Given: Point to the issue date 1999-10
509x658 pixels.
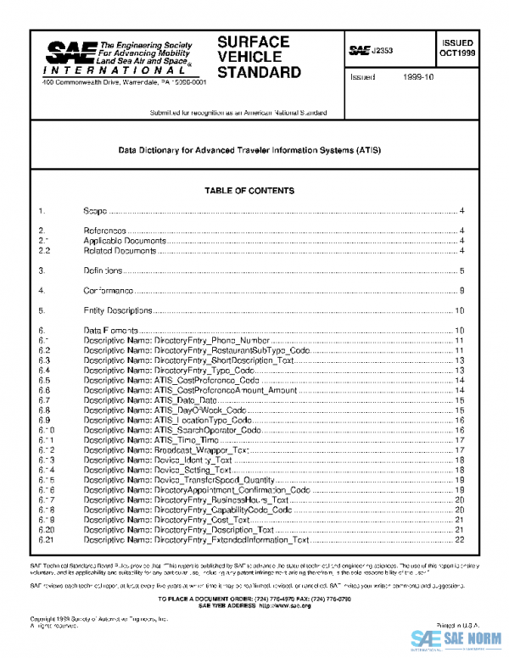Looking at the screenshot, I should pos(417,77).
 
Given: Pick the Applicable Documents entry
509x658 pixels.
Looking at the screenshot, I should pos(125,241).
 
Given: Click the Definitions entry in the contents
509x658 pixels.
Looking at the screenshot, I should pos(103,271).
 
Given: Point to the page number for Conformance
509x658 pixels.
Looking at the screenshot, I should pos(461,292).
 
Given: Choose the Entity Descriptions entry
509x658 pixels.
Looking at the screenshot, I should pos(118,311).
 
